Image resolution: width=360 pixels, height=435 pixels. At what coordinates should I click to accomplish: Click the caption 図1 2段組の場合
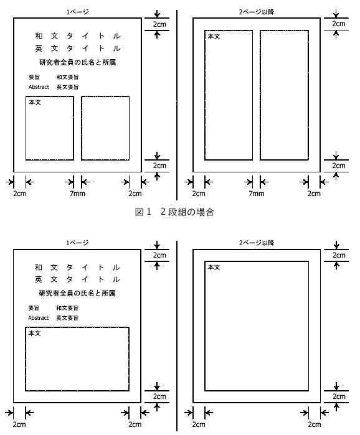[x=174, y=212]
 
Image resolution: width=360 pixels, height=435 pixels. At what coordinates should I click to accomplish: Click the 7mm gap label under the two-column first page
[x=77, y=194]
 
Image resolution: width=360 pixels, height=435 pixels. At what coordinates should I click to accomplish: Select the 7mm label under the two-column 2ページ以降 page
[x=256, y=194]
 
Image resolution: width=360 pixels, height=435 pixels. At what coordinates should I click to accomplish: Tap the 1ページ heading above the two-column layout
[x=77, y=12]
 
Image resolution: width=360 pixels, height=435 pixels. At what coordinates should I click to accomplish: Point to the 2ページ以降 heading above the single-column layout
[x=257, y=243]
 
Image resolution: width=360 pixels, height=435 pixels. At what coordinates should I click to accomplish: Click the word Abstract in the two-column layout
[x=39, y=87]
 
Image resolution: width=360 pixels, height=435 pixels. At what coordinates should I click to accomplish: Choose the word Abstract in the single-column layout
[x=38, y=318]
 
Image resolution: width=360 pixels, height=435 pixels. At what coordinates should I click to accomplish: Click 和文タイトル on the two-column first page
[x=77, y=36]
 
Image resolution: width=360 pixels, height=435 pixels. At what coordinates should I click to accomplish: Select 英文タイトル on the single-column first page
[x=77, y=279]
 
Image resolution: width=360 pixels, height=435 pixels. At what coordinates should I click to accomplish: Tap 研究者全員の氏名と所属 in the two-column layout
[x=77, y=62]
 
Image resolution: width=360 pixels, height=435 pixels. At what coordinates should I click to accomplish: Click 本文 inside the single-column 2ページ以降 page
[x=214, y=267]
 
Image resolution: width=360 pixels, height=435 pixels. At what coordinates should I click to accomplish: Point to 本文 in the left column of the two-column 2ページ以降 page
[x=214, y=36]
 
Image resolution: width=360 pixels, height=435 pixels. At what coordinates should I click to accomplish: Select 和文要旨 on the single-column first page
[x=67, y=308]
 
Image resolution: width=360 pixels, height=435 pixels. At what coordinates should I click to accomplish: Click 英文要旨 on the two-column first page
[x=67, y=87]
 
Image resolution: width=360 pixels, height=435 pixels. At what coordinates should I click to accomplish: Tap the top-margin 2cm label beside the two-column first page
[x=159, y=24]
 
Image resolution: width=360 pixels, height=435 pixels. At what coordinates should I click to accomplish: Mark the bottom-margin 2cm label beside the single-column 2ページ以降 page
[x=339, y=396]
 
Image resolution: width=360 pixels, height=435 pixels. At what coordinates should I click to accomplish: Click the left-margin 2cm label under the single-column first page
[x=19, y=424]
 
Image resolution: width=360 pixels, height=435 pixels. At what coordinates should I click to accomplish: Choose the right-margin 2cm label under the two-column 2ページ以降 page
[x=314, y=194]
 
